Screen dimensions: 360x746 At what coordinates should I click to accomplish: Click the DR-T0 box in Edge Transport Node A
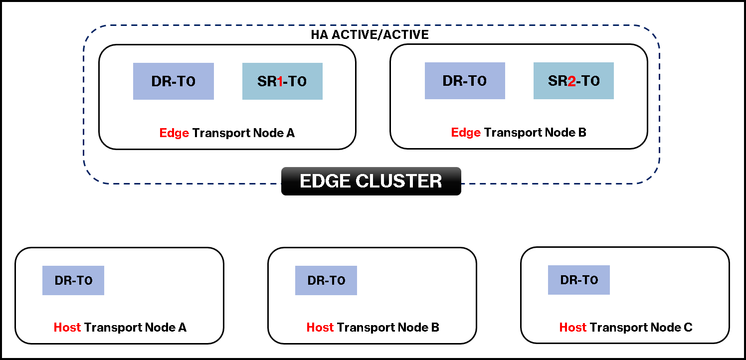pyautogui.click(x=173, y=81)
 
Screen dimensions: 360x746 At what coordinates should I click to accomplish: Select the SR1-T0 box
pyautogui.click(x=282, y=81)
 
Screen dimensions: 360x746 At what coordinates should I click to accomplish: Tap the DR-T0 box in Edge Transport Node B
pyautogui.click(x=465, y=81)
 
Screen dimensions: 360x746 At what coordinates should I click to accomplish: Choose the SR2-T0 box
pyautogui.click(x=573, y=81)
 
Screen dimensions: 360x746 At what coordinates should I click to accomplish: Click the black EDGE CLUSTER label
pyautogui.click(x=371, y=181)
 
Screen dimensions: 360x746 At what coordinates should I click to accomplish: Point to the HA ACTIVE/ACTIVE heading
pyautogui.click(x=370, y=35)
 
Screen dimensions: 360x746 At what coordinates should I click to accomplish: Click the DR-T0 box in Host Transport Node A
pyautogui.click(x=73, y=281)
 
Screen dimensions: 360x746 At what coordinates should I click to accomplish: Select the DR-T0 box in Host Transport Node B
pyautogui.click(x=326, y=281)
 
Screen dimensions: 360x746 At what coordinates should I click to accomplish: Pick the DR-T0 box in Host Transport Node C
pyautogui.click(x=579, y=280)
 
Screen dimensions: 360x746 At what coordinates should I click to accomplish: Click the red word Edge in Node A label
pyautogui.click(x=174, y=133)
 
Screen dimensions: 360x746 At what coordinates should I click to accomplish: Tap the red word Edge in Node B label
pyautogui.click(x=466, y=133)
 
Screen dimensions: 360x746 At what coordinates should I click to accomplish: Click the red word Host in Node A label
pyautogui.click(x=67, y=328)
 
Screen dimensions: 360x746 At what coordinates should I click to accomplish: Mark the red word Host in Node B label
pyautogui.click(x=320, y=328)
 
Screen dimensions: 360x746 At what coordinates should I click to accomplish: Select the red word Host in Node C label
pyautogui.click(x=573, y=328)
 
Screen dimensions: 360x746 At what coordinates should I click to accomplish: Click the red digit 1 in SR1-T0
pyautogui.click(x=280, y=82)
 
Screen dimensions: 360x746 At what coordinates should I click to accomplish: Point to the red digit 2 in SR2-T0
pyautogui.click(x=571, y=81)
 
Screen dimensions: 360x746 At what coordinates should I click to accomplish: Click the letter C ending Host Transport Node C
pyautogui.click(x=688, y=328)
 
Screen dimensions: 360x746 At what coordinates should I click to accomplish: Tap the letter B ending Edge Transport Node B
pyautogui.click(x=582, y=133)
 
